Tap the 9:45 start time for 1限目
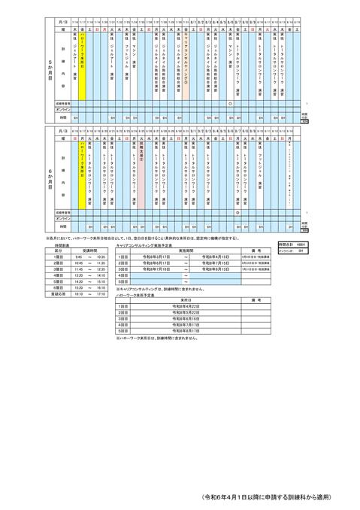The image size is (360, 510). [x=78, y=257]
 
